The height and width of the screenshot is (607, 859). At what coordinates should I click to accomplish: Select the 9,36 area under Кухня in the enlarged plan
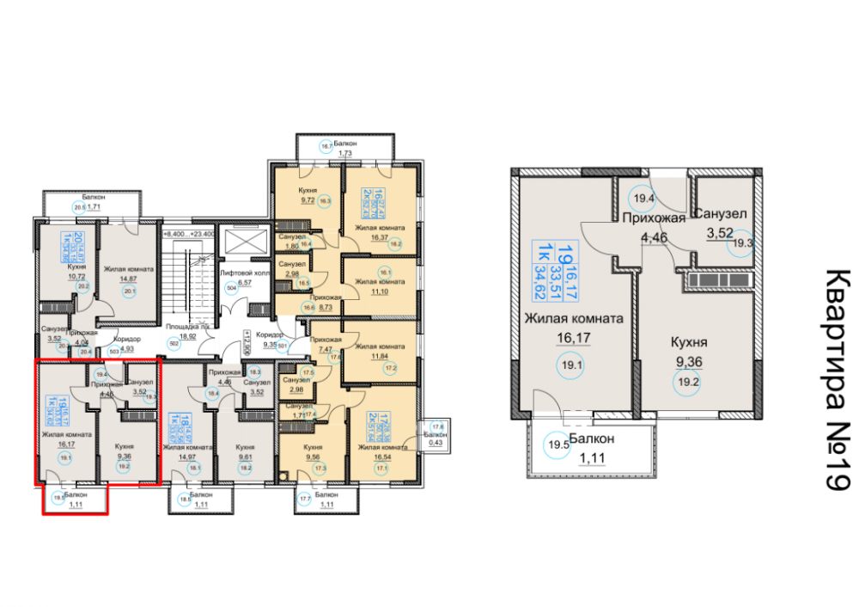[x=687, y=362]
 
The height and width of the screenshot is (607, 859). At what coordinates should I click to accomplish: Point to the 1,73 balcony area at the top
[x=345, y=153]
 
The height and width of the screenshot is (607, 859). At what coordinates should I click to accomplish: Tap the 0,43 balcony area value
[x=438, y=443]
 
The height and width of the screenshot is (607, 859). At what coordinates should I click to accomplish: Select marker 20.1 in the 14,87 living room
[x=131, y=291]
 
